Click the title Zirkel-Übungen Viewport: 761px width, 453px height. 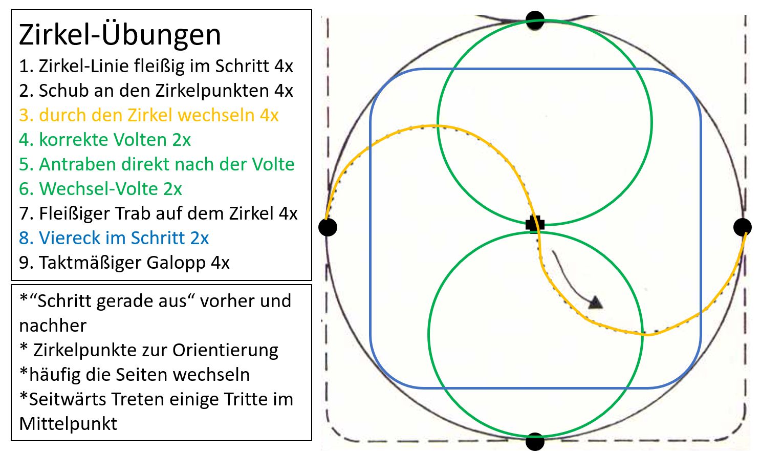tap(120, 35)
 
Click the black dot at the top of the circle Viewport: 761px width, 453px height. tap(535, 20)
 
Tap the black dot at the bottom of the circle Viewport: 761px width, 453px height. tap(535, 441)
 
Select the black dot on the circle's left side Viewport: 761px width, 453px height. tap(328, 227)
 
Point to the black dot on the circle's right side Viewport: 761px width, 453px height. tap(742, 227)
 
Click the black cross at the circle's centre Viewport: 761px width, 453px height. tap(535, 224)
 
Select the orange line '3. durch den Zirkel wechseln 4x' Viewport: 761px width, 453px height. tap(148, 115)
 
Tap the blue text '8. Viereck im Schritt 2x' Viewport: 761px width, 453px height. tap(114, 238)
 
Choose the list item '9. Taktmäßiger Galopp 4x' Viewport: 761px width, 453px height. tap(124, 263)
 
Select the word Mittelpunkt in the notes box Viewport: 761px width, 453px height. tap(68, 424)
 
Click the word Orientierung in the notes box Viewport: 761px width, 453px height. tap(225, 350)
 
